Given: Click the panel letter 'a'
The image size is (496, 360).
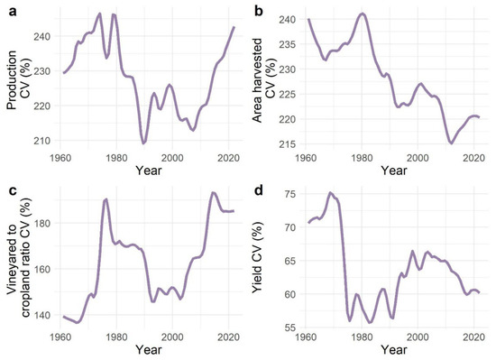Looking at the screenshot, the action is pos(13,12).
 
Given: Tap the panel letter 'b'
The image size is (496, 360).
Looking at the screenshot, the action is pos(259,11).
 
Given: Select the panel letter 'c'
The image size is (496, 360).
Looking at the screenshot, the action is pos(13,191).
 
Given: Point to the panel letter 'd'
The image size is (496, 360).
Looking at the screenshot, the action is pos(259,190).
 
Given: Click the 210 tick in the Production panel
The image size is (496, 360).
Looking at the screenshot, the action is pos(42,140).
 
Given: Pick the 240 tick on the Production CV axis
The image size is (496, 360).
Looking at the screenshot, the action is pos(42,36).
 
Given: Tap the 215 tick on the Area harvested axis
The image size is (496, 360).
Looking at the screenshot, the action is pos(287,144).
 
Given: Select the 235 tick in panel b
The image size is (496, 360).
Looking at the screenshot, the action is pos(287,44).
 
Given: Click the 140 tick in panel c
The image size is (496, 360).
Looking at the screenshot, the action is pos(42,315).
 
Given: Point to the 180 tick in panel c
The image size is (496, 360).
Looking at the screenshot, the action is pos(42,224).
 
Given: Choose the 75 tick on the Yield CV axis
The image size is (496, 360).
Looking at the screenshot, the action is pos(290,194).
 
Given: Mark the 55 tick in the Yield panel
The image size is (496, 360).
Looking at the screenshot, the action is pos(290,328).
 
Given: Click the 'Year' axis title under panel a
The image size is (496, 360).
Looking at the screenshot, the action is pos(149,171).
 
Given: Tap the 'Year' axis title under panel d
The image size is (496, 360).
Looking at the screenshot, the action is pos(394,349).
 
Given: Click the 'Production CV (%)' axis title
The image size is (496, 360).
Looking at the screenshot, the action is pos(18,80).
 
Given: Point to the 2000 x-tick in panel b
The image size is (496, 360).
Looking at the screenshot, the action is pos(418,158).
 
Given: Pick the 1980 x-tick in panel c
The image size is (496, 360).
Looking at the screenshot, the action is pos(116,337).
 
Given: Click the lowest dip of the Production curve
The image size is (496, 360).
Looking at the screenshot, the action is pos(143,143).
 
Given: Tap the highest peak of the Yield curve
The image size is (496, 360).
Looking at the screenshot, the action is pos(331,192).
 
